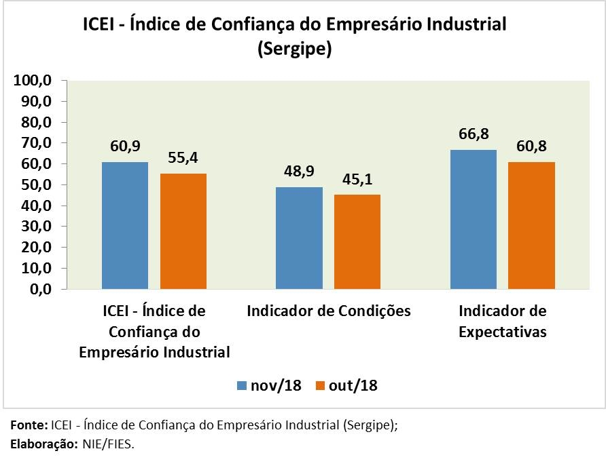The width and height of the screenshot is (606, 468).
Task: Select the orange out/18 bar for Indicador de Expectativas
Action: coord(531,225)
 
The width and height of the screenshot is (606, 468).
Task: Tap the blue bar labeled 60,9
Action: coord(125,225)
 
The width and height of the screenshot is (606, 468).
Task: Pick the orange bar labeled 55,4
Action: coord(183,231)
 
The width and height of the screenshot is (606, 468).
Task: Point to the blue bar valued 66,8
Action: coord(473,219)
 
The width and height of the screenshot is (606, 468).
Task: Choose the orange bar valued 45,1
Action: coord(357,241)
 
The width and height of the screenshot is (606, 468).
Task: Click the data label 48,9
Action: coord(300,172)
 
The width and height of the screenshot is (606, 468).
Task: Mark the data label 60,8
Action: coord(531,147)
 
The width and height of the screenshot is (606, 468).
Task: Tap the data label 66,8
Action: coord(474,134)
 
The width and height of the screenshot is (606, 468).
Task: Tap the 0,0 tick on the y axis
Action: coord(39,290)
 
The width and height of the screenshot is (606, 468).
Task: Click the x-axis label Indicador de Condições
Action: coord(329,311)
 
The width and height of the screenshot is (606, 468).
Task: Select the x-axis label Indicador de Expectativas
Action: coord(503,321)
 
